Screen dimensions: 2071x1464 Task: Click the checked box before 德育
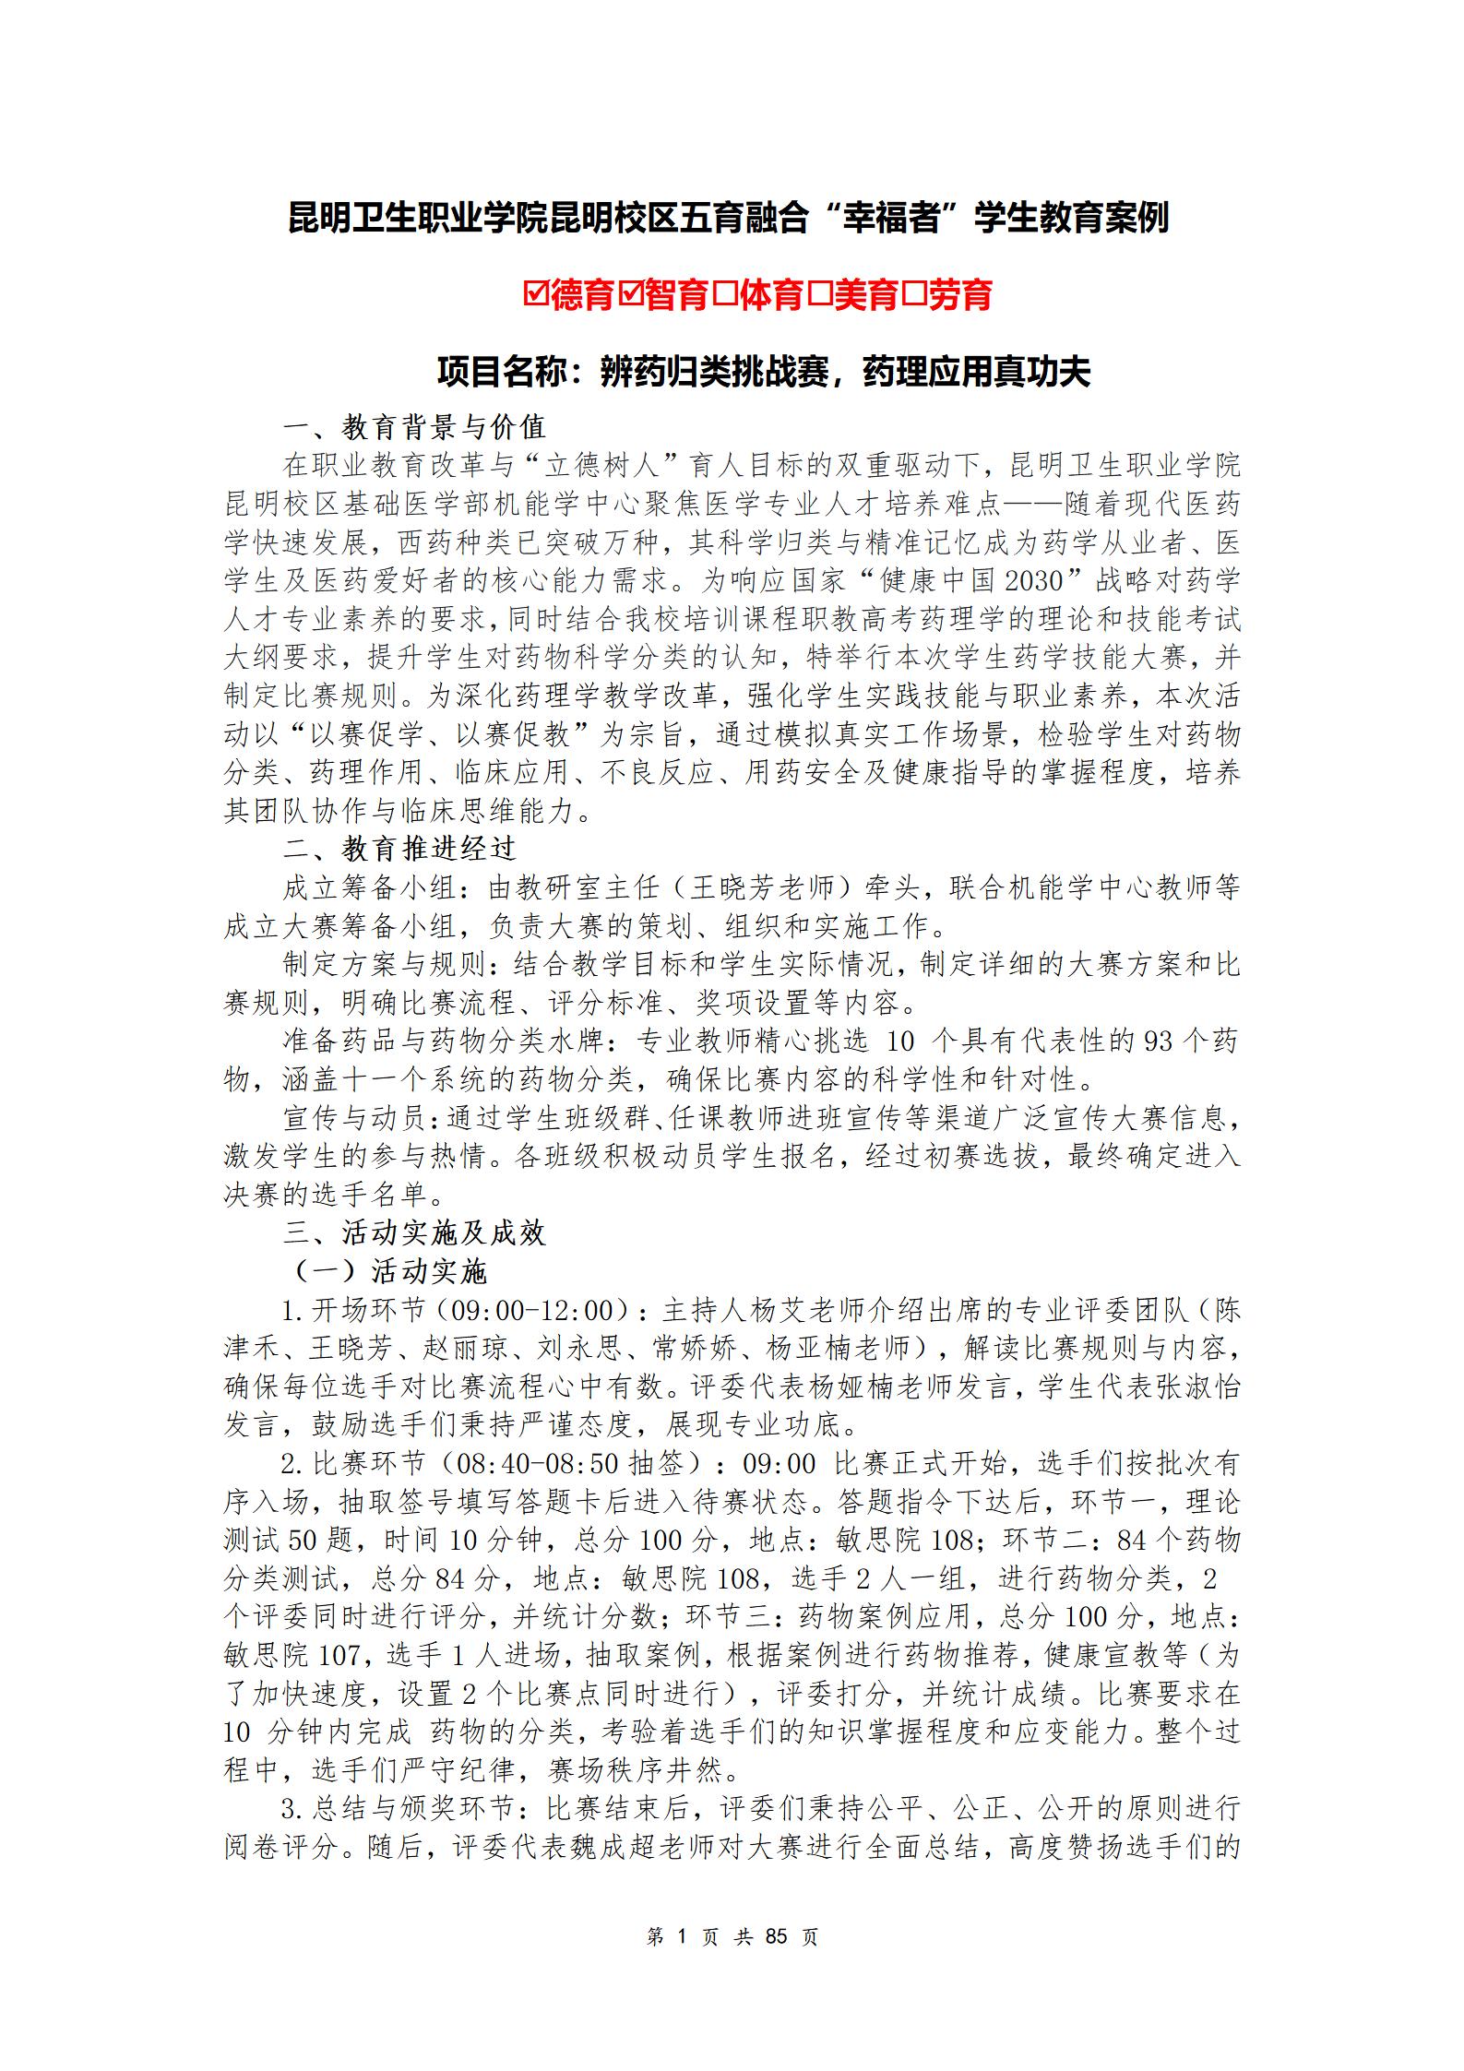pyautogui.click(x=535, y=295)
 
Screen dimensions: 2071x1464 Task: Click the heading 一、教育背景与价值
pyautogui.click(x=415, y=427)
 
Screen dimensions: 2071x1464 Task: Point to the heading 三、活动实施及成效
pyautogui.click(x=415, y=1233)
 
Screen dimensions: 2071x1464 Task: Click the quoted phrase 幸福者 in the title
pyautogui.click(x=891, y=218)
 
